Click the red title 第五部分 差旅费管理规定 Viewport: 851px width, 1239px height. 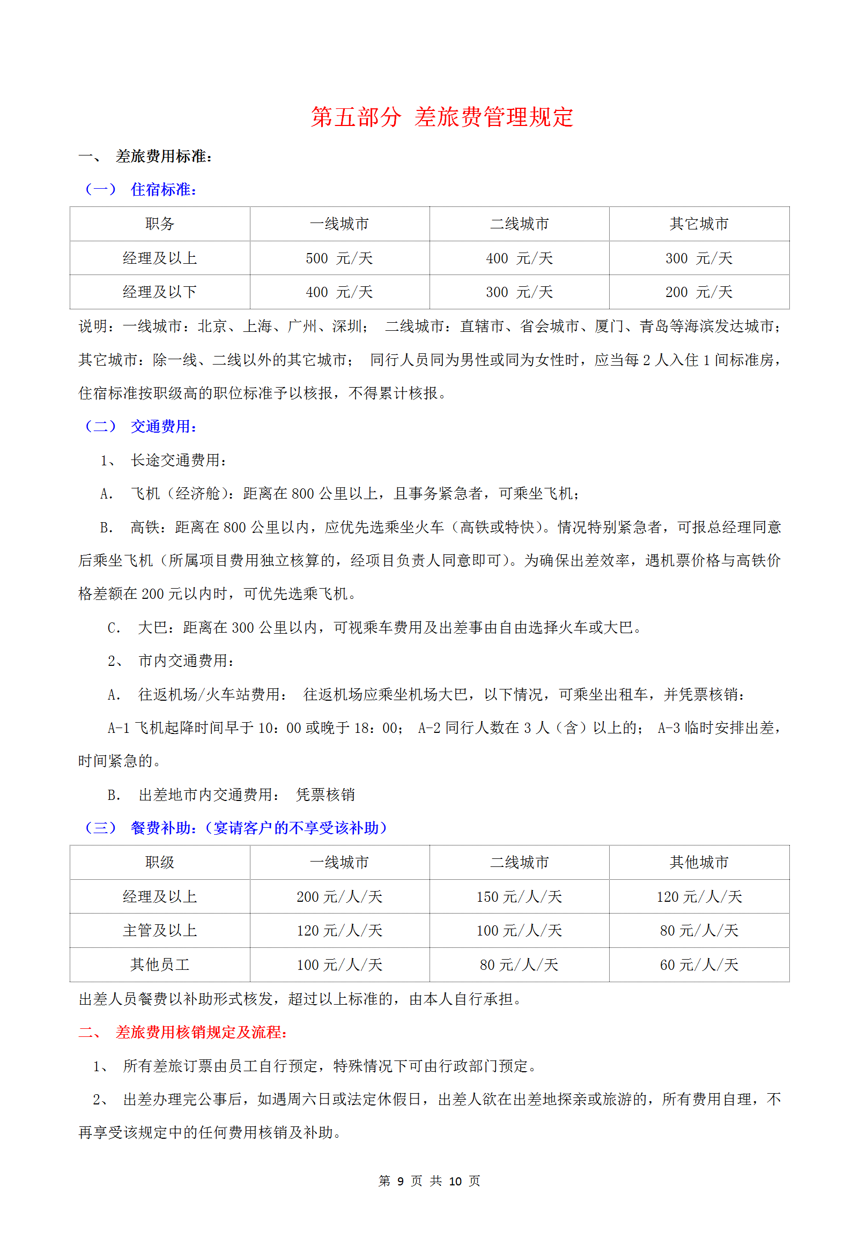click(442, 117)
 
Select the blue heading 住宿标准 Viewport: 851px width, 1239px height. click(163, 189)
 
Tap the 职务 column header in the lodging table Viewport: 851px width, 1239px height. click(160, 224)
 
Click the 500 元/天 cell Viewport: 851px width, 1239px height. click(339, 258)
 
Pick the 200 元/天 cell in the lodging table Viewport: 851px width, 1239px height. click(699, 292)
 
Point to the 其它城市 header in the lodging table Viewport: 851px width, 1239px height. click(699, 224)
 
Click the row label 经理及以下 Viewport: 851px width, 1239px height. click(160, 292)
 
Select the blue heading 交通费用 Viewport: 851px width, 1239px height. click(163, 426)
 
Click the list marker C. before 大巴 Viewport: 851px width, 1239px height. click(114, 628)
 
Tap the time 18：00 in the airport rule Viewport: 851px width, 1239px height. click(375, 728)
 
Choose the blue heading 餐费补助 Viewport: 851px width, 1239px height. click(163, 828)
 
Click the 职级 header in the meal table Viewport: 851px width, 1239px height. click(160, 862)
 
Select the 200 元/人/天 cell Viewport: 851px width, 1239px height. click(339, 896)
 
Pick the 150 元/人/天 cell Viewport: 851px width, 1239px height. click(519, 896)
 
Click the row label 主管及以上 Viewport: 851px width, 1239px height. click(160, 930)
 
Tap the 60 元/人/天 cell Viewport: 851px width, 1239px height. click(699, 965)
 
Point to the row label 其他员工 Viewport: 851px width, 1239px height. click(160, 965)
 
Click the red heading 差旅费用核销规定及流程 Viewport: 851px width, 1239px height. click(201, 1032)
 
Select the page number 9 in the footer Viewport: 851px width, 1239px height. click(400, 1181)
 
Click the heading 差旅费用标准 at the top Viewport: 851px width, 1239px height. click(163, 156)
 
